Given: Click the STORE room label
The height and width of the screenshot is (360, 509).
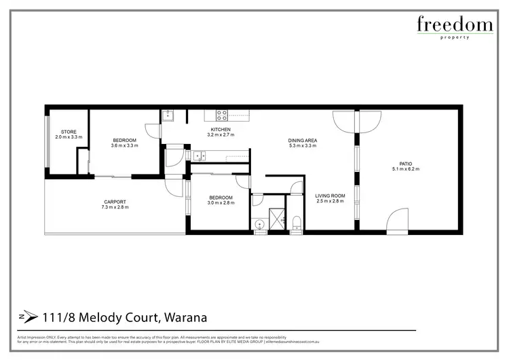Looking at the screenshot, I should [69, 132].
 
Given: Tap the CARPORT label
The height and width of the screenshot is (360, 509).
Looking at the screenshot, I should [115, 201].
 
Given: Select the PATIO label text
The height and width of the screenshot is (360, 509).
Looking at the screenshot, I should [406, 164].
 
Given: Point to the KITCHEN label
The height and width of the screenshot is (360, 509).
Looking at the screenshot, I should [221, 129].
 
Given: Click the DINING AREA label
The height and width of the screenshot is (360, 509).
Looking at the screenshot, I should [303, 141].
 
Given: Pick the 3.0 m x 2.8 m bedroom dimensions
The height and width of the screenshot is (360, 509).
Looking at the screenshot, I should [221, 202].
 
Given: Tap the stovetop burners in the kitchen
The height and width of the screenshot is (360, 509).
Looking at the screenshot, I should [221, 114].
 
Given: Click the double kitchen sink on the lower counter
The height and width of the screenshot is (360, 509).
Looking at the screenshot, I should [198, 156].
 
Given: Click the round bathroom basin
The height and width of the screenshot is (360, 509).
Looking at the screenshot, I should [258, 225].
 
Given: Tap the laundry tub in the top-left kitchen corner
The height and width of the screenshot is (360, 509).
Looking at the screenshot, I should [168, 115].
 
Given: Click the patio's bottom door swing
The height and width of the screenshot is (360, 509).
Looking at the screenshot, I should [396, 220].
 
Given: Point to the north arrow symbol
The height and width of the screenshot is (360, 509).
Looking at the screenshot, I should [25, 317].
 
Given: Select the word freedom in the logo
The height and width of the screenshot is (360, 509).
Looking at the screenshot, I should [455, 25].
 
